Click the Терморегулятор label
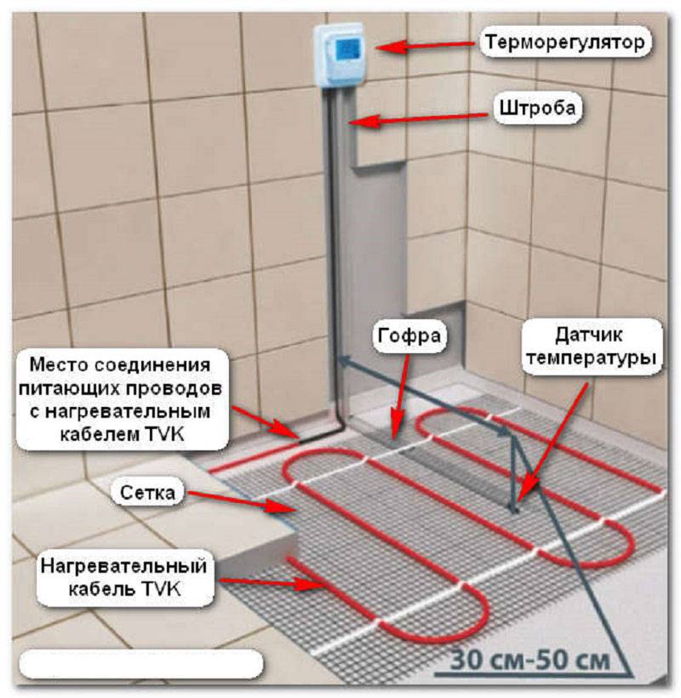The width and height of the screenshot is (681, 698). click(565, 43)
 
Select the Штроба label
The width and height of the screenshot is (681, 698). click(538, 108)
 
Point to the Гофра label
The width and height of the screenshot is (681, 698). click(409, 335)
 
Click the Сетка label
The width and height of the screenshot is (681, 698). click(148, 493)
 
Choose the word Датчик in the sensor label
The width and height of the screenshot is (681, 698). click(588, 335)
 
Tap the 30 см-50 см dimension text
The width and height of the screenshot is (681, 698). click(529, 661)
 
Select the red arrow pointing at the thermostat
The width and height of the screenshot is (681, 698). click(424, 45)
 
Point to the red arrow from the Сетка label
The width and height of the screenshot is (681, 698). click(241, 501)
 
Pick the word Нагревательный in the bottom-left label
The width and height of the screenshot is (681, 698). click(123, 566)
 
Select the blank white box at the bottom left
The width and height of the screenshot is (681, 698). click(141, 663)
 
